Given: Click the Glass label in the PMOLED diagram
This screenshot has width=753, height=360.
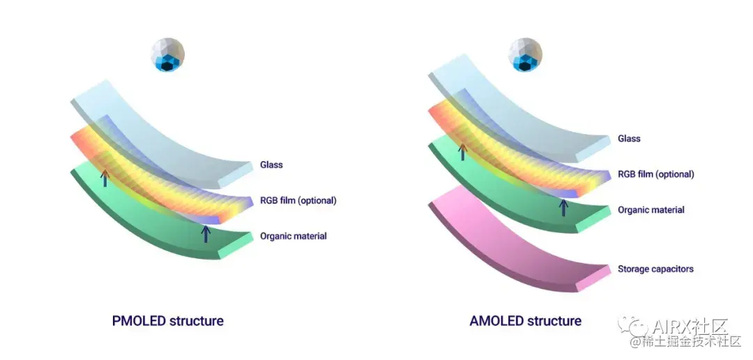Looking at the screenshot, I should pyautogui.click(x=271, y=165).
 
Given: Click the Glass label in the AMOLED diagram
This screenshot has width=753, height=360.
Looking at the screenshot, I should pyautogui.click(x=629, y=139).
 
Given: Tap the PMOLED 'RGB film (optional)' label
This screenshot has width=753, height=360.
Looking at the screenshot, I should pyautogui.click(x=298, y=200).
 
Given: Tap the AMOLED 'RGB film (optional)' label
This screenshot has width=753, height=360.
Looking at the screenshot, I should pyautogui.click(x=655, y=174).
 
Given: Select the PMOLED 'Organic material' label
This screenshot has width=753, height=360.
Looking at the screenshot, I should pyautogui.click(x=293, y=236).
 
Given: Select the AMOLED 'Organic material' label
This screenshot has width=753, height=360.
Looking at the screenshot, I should pyautogui.click(x=651, y=210).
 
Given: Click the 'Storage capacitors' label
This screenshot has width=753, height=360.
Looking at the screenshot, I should pyautogui.click(x=655, y=269).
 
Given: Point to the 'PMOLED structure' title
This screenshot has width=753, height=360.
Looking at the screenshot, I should pyautogui.click(x=167, y=322).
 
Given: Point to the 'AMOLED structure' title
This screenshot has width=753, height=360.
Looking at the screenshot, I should pyautogui.click(x=525, y=322).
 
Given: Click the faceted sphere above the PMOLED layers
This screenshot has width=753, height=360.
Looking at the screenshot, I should pyautogui.click(x=168, y=55).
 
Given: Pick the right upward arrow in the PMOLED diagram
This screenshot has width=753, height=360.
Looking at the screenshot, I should pyautogui.click(x=206, y=233).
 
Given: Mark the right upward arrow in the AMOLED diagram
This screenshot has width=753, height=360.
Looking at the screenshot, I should pyautogui.click(x=563, y=207).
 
